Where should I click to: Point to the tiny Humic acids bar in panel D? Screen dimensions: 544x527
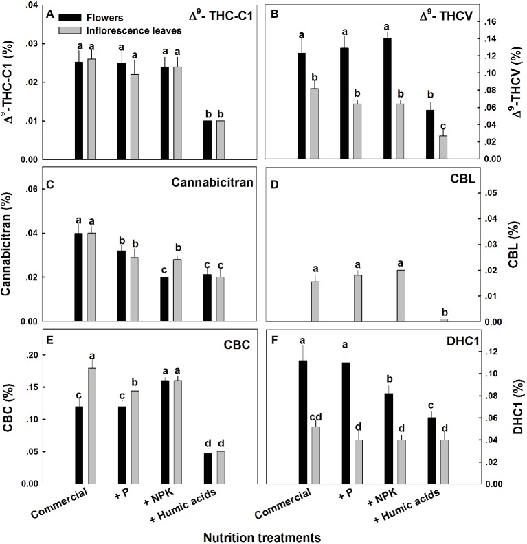coord(443,320)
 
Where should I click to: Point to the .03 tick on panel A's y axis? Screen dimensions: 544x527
coord(32,44)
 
